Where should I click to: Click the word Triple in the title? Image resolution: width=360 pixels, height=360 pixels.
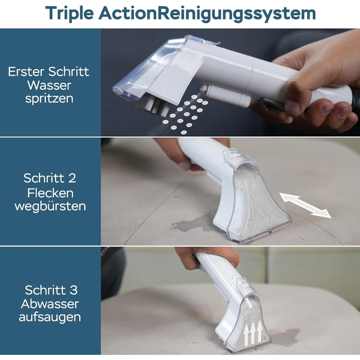point(69,13)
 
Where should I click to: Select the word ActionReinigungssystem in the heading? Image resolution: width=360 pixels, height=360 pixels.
point(207,13)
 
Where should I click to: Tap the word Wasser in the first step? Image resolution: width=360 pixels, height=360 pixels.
point(49,85)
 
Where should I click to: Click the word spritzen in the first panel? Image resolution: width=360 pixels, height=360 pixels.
point(49,99)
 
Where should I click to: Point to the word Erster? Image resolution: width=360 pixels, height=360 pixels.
point(27,71)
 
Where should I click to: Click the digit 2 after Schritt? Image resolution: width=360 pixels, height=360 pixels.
point(72,178)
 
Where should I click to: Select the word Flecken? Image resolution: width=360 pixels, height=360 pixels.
point(50,193)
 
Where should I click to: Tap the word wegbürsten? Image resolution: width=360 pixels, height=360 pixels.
point(50,206)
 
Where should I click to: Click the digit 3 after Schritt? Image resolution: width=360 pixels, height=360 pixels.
point(74,290)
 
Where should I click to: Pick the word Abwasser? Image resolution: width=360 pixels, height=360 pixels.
point(50,304)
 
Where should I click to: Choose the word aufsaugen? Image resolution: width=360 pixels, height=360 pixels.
point(50,317)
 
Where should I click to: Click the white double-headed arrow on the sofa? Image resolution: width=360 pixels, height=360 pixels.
point(305,205)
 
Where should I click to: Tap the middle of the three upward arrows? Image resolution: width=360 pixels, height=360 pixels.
point(253,333)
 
